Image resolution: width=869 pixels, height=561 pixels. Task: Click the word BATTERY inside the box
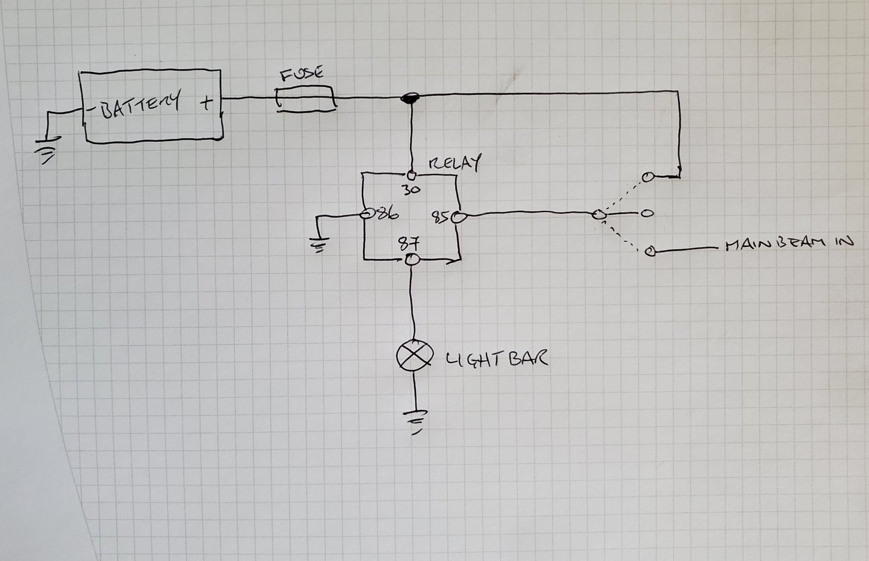[141, 105]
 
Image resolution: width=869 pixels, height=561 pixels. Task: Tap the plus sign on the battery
[206, 103]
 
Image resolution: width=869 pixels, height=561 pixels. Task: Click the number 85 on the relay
[440, 215]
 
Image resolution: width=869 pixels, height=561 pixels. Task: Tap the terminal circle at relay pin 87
[412, 260]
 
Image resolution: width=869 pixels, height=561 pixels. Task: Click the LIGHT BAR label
[496, 358]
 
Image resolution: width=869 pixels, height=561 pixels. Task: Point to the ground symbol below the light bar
[416, 421]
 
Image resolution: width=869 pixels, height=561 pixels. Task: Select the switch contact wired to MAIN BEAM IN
[650, 251]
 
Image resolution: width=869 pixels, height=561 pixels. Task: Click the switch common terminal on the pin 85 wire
[599, 215]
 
